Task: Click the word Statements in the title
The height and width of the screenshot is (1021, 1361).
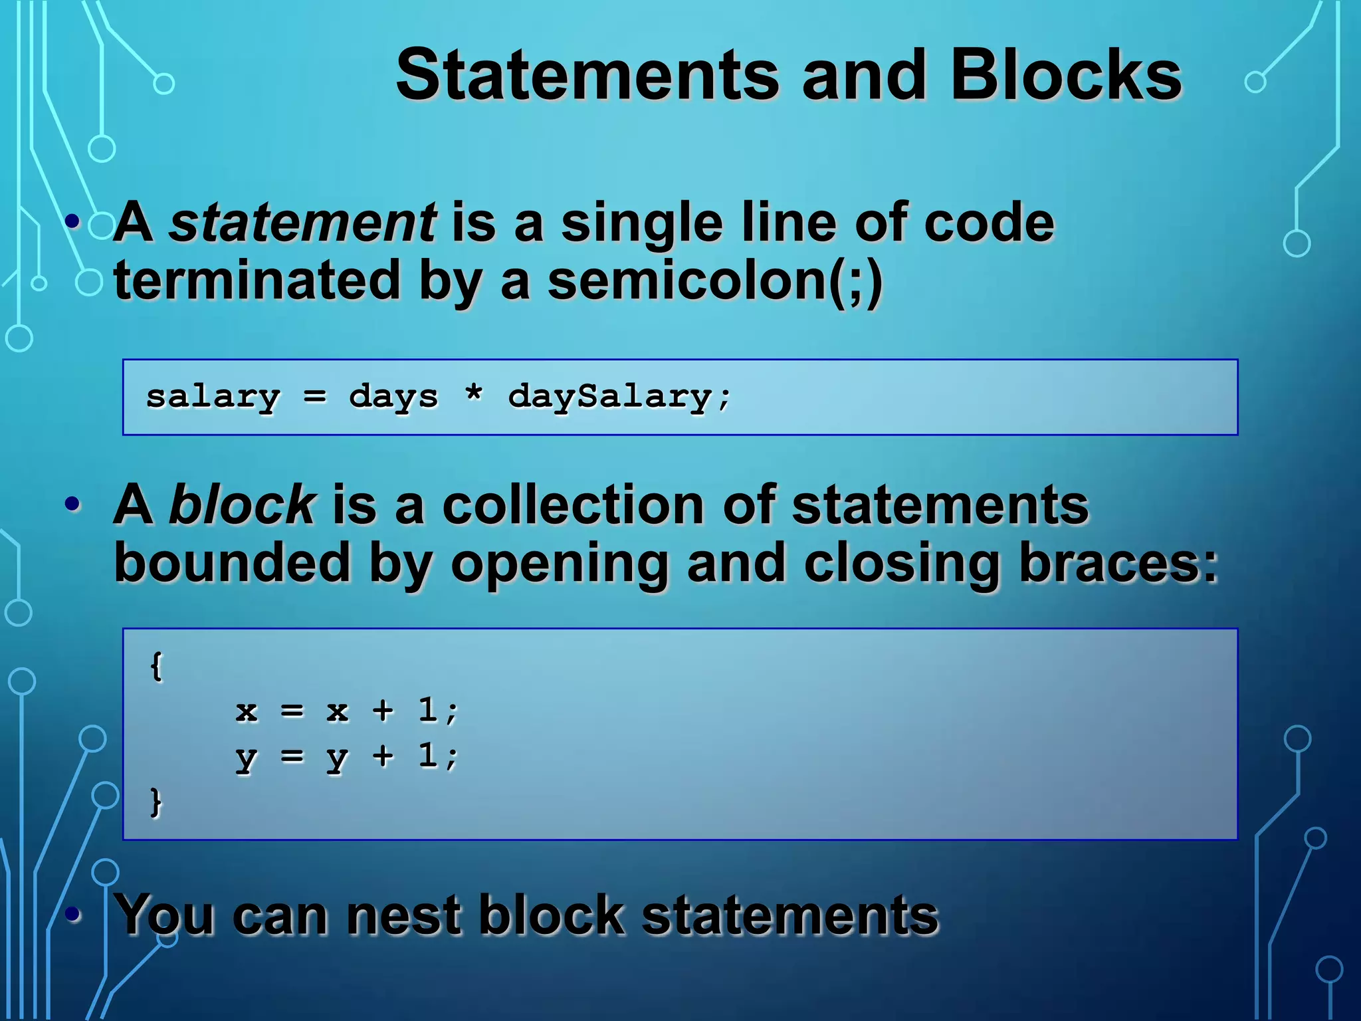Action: [587, 75]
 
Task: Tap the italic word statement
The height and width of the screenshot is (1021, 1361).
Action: [302, 223]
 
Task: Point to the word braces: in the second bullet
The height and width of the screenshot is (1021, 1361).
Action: [1118, 563]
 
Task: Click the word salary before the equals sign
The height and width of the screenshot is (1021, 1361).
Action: [213, 397]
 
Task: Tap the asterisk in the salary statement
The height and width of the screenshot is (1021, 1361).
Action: [473, 394]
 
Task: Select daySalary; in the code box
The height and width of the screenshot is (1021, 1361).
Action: [619, 397]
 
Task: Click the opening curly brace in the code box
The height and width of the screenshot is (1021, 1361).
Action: [156, 666]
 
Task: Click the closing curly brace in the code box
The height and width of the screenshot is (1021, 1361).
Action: [156, 802]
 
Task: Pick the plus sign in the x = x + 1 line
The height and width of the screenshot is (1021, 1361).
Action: [383, 711]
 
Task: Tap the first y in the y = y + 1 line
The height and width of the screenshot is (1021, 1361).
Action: [246, 757]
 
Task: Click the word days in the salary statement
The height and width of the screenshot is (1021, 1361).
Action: [393, 397]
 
